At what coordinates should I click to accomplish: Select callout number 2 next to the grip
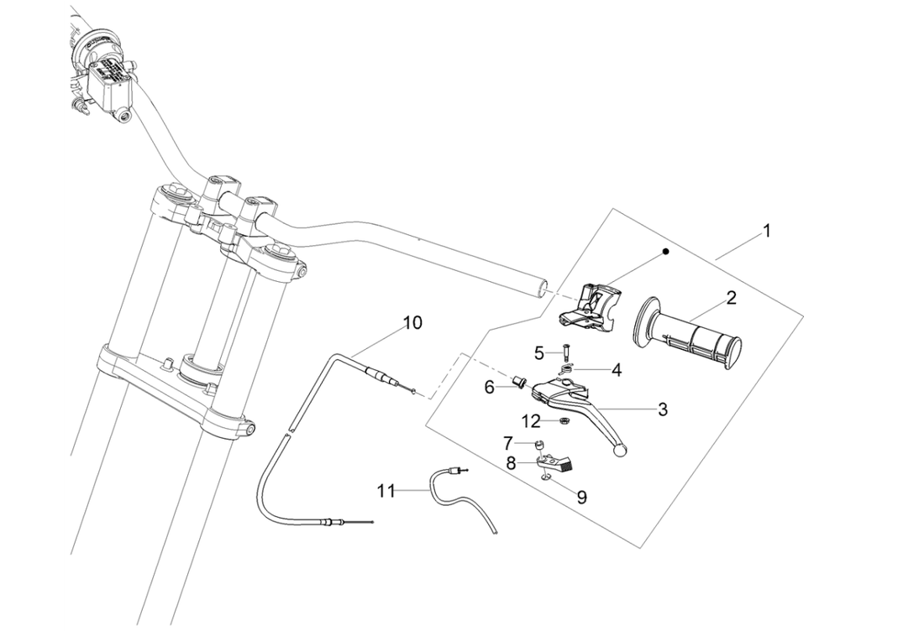731,297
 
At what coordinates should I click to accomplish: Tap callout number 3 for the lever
663,409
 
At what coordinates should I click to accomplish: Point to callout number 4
616,368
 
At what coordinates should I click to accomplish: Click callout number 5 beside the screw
539,352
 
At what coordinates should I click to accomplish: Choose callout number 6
490,386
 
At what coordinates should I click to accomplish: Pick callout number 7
509,442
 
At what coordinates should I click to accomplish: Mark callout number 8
511,462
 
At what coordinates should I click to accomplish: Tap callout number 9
581,497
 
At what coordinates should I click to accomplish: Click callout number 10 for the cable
412,322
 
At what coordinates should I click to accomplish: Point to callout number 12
533,420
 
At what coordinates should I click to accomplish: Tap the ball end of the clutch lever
621,451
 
